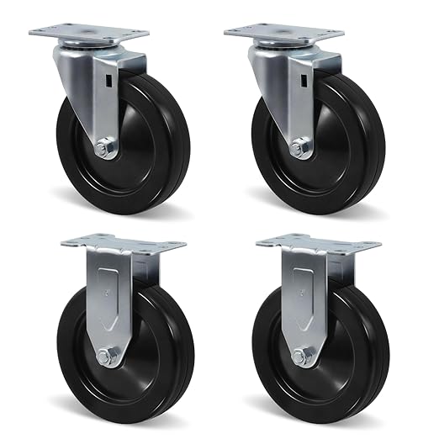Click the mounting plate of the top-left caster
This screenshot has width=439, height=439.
tap(80, 34)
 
